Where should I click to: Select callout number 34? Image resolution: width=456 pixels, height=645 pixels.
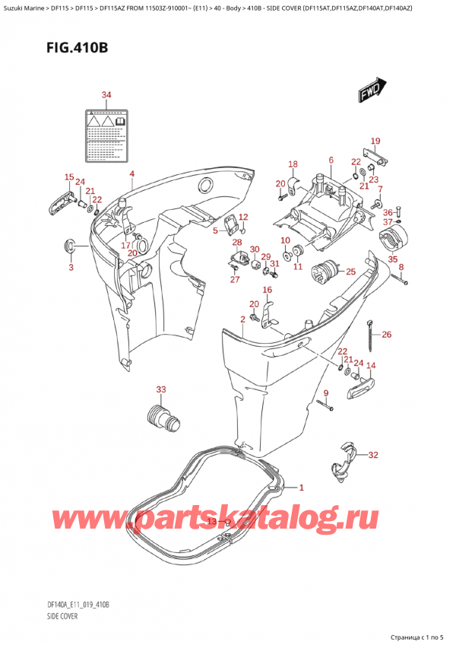(106, 95)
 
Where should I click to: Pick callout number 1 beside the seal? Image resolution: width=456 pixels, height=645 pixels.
(301, 488)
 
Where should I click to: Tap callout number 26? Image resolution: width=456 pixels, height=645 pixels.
(387, 335)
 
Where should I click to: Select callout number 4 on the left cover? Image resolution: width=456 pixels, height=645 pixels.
(131, 174)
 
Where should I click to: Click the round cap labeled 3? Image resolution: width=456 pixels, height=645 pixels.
(71, 246)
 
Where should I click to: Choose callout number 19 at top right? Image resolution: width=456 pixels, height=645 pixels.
(375, 141)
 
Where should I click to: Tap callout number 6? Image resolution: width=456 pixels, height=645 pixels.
(331, 160)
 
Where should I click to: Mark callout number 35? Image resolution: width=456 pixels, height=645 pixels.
(393, 259)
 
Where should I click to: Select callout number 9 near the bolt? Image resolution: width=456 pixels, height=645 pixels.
(325, 392)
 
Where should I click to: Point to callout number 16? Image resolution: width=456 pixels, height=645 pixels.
(268, 291)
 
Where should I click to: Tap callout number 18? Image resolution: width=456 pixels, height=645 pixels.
(293, 164)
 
